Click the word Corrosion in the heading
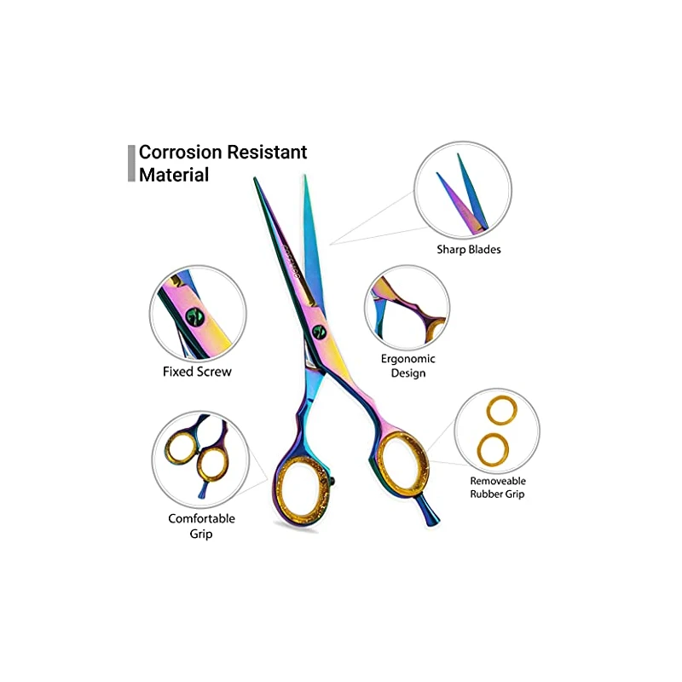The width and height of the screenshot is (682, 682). point(186,153)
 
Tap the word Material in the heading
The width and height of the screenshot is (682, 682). point(174,175)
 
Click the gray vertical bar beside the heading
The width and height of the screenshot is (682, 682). point(131,163)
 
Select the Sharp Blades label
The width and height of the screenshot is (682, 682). point(469,250)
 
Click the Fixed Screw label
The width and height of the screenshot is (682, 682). point(197,372)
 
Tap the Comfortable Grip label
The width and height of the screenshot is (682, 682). point(201,526)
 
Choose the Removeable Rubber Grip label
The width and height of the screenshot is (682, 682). point(497,486)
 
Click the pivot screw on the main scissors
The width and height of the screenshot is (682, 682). point(320,332)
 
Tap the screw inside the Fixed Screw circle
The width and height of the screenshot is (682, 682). point(195,317)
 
